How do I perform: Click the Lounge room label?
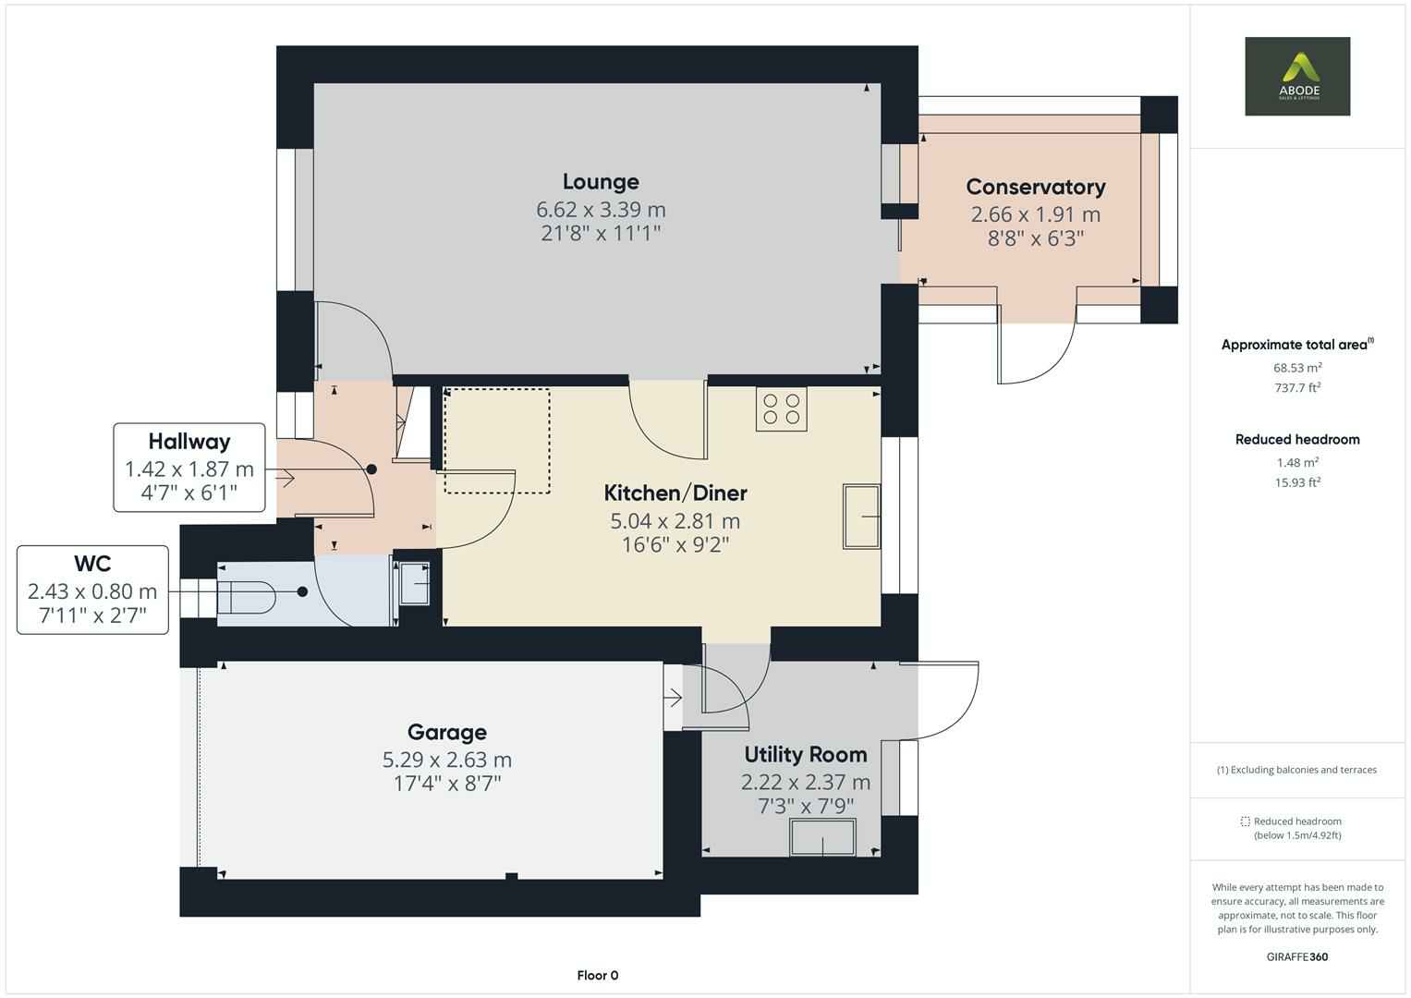(x=601, y=181)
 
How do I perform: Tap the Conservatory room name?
(x=1036, y=187)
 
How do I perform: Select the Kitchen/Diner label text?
(x=675, y=493)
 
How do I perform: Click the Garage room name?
(x=447, y=732)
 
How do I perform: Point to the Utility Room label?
(x=806, y=754)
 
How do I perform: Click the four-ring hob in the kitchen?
(x=781, y=408)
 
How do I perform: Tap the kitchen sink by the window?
(x=862, y=516)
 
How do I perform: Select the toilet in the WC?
(x=247, y=597)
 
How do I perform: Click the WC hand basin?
(x=414, y=583)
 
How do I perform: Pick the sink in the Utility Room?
(x=822, y=836)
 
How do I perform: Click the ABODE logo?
(x=1297, y=76)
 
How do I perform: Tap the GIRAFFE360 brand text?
(x=1297, y=956)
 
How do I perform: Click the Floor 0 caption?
(x=598, y=975)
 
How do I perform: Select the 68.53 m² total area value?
(x=1297, y=368)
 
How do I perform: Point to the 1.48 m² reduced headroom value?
(x=1297, y=462)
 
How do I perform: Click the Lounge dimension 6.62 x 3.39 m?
(x=601, y=209)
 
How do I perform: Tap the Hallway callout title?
(x=189, y=441)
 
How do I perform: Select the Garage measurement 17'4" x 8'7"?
(x=447, y=784)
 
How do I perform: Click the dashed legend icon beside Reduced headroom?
(x=1246, y=822)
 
